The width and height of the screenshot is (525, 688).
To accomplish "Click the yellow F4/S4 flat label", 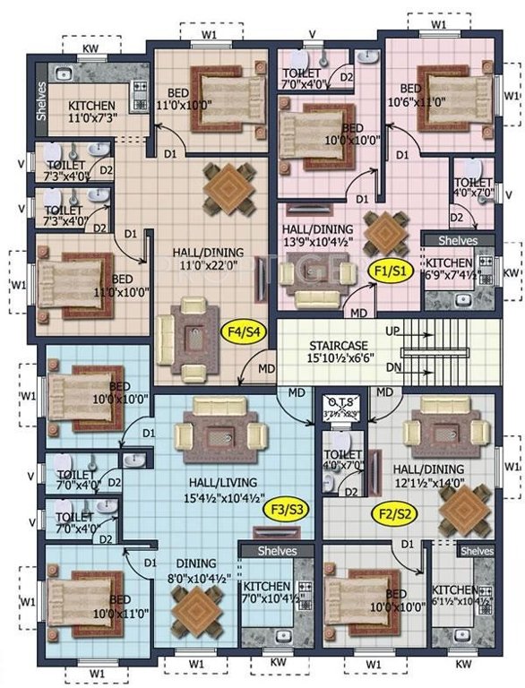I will (x=243, y=332).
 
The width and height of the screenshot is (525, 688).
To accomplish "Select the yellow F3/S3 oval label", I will (x=288, y=510).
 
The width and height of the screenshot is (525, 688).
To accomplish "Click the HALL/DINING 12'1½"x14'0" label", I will (x=428, y=476).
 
